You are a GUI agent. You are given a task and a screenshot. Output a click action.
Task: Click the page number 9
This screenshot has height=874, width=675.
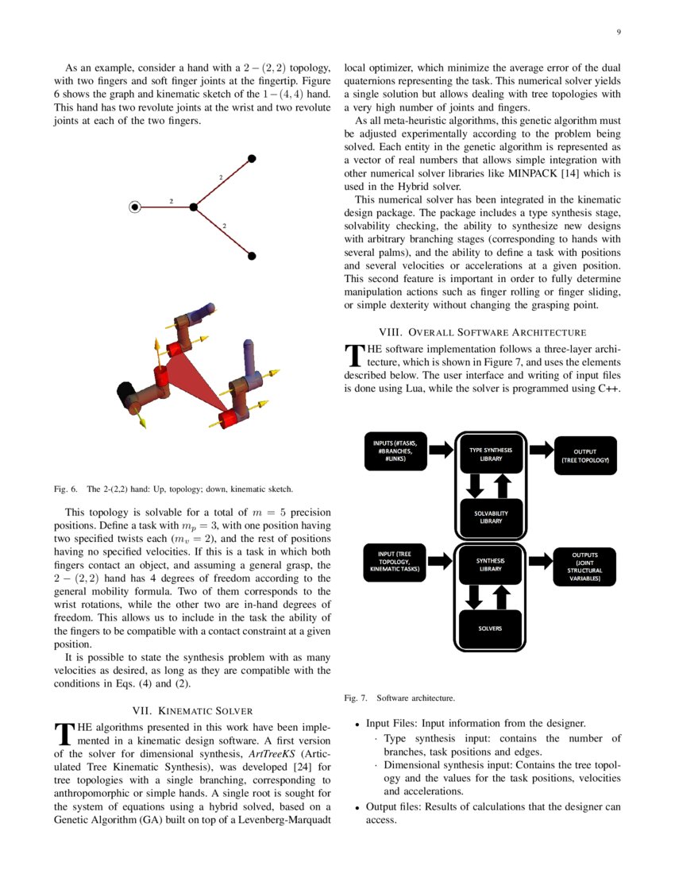point(618,32)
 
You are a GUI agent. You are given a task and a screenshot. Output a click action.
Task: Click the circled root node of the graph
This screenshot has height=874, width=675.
point(135,207)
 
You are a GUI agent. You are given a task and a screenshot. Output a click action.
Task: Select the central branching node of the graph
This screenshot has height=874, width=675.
point(193,207)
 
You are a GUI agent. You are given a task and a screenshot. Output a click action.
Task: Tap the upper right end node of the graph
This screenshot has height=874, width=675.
point(252,159)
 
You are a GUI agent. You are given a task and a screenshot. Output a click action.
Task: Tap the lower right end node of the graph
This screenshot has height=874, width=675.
point(252,256)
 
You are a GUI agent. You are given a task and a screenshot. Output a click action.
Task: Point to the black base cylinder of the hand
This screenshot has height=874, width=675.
point(125,393)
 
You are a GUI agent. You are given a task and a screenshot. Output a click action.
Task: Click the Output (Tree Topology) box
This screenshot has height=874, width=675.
point(584,455)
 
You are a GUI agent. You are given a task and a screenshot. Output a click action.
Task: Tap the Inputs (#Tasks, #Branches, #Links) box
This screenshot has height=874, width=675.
point(396,451)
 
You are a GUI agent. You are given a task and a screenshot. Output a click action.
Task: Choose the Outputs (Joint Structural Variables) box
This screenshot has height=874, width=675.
point(584,566)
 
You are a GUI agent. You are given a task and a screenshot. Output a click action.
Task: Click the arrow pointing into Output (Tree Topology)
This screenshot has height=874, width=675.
point(541,450)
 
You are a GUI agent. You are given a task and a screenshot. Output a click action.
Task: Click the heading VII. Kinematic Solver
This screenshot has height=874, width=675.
point(191,710)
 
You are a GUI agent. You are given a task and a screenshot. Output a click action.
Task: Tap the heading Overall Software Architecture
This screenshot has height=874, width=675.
point(482,332)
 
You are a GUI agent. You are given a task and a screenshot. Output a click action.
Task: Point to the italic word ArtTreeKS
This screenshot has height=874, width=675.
point(270,752)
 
